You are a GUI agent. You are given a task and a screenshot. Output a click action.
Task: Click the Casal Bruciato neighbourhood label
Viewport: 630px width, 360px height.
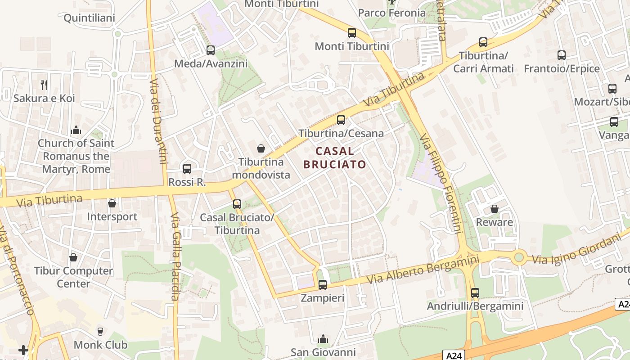click(x=334, y=157)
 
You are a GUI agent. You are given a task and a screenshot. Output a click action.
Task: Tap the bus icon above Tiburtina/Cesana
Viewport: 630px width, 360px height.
click(x=341, y=120)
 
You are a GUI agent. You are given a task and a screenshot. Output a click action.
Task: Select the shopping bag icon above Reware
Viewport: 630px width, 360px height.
click(x=494, y=209)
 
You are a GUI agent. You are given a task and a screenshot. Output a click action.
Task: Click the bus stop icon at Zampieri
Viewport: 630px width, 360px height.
click(x=323, y=284)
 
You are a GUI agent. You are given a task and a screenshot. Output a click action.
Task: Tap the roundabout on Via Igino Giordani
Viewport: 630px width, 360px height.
click(x=519, y=257)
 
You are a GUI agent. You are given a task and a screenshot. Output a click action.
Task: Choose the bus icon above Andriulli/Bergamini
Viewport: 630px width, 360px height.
click(x=475, y=293)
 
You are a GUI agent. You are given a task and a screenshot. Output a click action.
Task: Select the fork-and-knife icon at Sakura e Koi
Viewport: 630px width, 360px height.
click(x=44, y=85)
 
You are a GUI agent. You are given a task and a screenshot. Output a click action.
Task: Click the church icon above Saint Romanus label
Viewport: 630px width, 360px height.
click(x=76, y=130)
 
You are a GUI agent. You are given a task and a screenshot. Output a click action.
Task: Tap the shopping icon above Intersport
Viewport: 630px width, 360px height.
click(x=112, y=203)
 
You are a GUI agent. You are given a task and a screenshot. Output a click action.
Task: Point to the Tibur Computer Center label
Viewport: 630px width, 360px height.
click(x=73, y=277)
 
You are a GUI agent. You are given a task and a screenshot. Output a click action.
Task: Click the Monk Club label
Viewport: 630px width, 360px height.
click(x=100, y=345)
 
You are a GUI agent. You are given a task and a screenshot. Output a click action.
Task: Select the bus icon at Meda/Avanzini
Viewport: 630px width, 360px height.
click(x=211, y=50)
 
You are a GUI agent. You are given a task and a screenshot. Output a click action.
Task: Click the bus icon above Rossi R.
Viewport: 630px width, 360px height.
click(x=187, y=169)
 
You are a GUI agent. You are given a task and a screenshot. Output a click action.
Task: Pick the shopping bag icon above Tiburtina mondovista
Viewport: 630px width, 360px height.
click(x=261, y=148)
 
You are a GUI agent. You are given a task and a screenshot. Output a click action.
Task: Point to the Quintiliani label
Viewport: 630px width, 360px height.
click(x=89, y=18)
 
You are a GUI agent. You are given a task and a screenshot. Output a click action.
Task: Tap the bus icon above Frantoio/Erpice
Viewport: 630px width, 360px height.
click(x=562, y=55)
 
